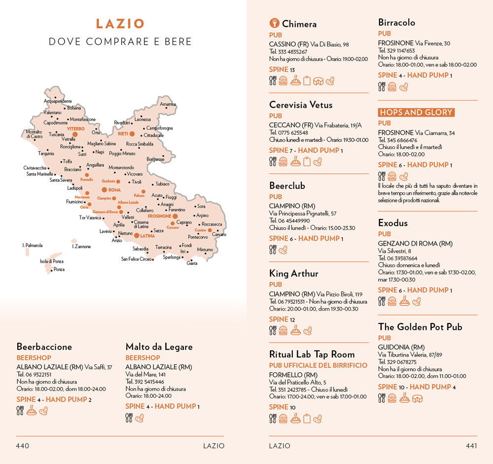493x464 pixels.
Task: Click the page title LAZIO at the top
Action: coord(120,24)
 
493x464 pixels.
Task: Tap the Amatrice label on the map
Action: coord(168,104)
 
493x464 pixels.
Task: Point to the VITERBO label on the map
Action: coord(76,129)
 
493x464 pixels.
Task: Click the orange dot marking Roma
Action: coord(104,190)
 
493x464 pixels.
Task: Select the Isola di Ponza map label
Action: coord(52,261)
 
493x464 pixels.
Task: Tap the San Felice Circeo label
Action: coord(137,259)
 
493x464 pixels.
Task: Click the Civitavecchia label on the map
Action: coord(35,168)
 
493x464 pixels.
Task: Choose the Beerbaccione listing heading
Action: coord(44,347)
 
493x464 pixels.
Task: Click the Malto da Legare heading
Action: coord(159,347)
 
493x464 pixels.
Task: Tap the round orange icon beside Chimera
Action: coord(275,23)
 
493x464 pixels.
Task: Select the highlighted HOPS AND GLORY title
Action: coord(416,112)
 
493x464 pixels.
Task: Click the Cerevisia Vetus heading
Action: coord(301,105)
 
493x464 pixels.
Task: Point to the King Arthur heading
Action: coord(294,273)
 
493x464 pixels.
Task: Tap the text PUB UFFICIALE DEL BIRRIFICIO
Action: coord(318,365)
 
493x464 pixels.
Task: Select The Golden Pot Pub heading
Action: coord(420,326)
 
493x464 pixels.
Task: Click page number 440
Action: coord(23,446)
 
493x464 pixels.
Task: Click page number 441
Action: coord(471,446)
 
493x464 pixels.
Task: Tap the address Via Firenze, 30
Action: coord(432,43)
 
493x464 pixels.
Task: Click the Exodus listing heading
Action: coord(393,223)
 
